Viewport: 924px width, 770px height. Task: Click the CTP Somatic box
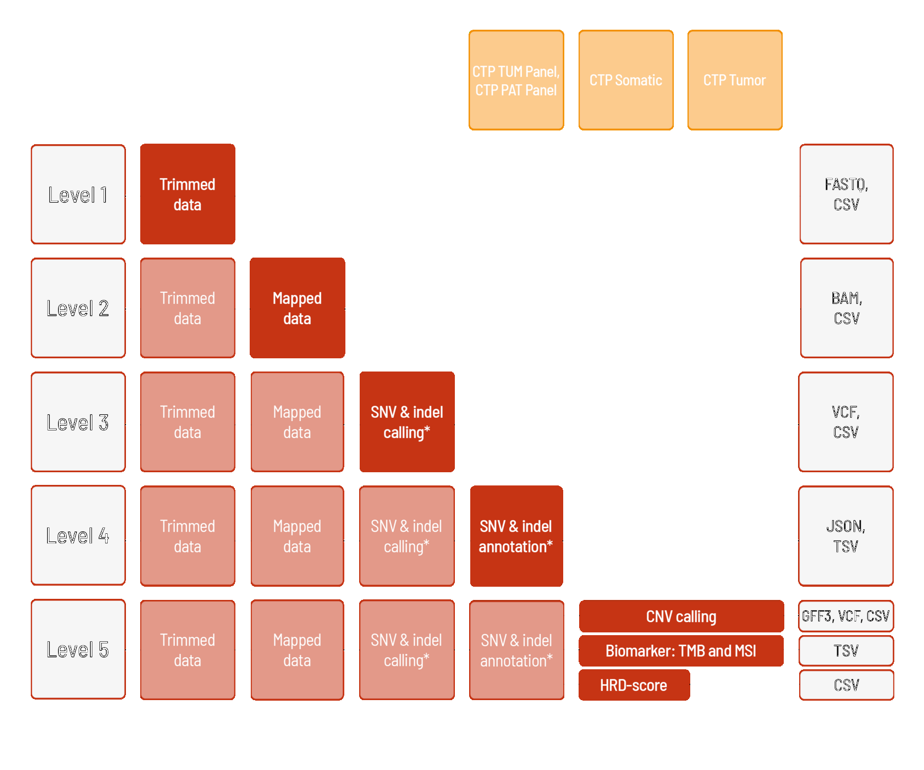click(626, 80)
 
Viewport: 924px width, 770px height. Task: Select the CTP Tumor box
click(735, 80)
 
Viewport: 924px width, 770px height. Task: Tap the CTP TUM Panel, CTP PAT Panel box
click(516, 80)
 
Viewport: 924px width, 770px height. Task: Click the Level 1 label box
click(78, 194)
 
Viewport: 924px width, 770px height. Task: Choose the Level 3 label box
click(78, 422)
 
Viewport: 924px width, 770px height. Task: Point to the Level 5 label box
click(78, 649)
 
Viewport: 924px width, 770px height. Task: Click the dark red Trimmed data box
click(188, 194)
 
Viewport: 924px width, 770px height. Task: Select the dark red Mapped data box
click(298, 308)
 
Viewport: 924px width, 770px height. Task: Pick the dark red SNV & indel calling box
click(407, 422)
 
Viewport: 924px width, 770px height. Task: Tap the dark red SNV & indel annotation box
click(516, 536)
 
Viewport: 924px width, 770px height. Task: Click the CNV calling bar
click(681, 616)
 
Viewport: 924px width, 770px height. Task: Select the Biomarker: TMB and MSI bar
click(681, 651)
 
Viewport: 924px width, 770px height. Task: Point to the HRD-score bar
click(634, 685)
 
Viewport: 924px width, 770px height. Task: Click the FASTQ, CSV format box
click(846, 194)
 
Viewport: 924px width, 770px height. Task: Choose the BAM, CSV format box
click(846, 308)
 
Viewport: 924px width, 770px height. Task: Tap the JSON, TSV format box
click(846, 536)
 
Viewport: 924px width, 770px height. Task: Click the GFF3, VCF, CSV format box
click(846, 616)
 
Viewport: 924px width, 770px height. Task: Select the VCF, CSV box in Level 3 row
click(846, 422)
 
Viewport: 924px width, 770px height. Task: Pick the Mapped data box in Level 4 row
click(298, 536)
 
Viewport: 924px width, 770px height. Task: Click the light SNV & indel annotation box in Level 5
click(516, 650)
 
